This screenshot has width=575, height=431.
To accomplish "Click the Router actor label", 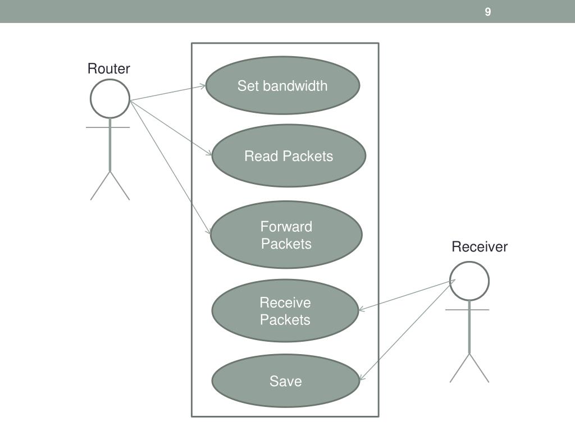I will point(109,68).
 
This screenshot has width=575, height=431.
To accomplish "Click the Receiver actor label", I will point(480,247).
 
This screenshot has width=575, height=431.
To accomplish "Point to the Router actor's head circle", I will point(110,99).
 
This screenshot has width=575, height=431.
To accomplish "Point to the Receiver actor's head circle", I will point(469,281).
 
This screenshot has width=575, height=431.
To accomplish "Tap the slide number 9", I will point(488,12).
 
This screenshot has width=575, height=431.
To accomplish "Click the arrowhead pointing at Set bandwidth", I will point(203,86).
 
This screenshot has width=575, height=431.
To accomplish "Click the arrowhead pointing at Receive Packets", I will point(361,309).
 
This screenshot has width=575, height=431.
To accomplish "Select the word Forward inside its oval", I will point(286,227).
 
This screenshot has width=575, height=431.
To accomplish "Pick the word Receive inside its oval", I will point(285,303).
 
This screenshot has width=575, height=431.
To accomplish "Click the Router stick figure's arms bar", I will point(108,127).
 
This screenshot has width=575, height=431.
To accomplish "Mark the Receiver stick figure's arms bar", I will point(467,309).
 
